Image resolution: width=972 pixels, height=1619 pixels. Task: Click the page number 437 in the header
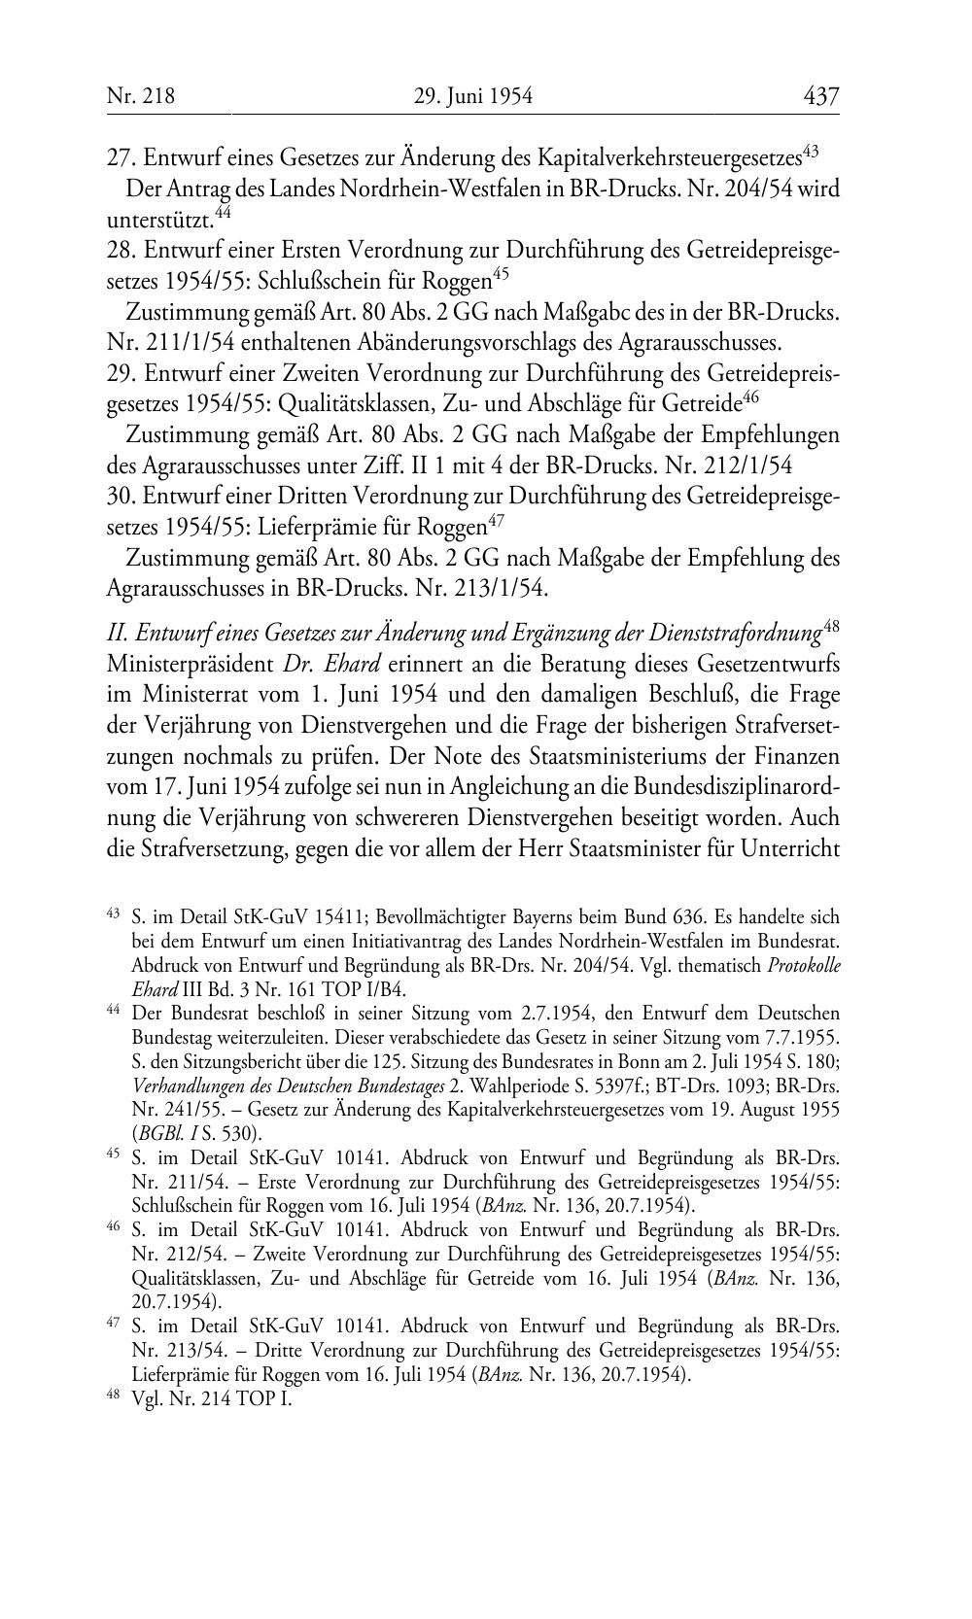point(820,96)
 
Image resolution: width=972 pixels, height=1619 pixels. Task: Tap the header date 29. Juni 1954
point(473,96)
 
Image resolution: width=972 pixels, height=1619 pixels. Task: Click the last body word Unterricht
point(789,846)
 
